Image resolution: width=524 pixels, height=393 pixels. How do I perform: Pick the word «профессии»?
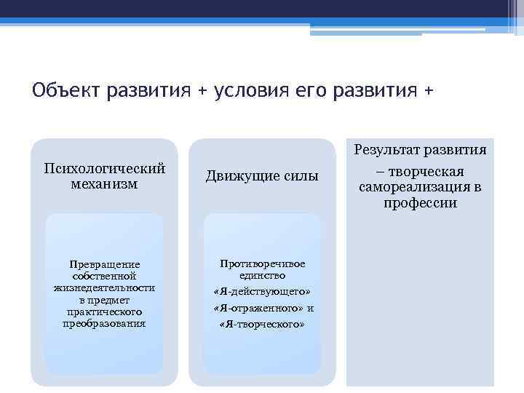(x=420, y=203)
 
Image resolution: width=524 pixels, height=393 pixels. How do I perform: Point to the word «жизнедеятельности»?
(x=104, y=288)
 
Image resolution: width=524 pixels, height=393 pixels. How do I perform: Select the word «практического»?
(x=104, y=311)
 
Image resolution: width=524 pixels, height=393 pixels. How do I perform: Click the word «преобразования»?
(x=104, y=323)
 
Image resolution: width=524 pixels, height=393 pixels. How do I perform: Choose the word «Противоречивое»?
(x=262, y=264)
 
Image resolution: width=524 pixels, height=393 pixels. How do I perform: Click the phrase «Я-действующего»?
(x=262, y=292)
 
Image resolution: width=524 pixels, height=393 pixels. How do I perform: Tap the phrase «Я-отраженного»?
(x=255, y=308)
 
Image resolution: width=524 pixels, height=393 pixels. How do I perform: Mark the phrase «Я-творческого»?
(x=262, y=324)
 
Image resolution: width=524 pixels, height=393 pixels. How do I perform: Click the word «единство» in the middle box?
(x=262, y=276)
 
